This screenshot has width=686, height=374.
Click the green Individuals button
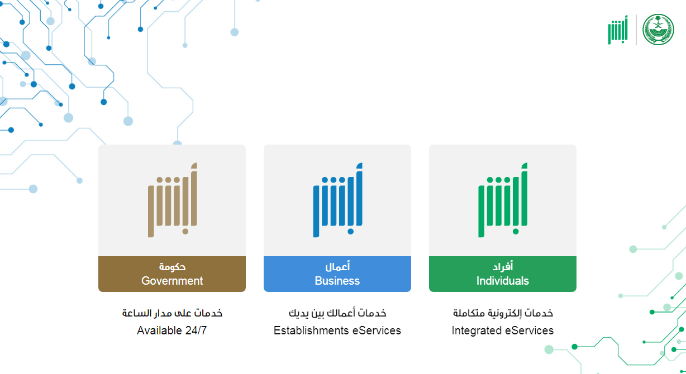[x=503, y=274]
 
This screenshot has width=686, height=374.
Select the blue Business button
[x=337, y=274]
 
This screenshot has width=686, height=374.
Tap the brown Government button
[x=172, y=274]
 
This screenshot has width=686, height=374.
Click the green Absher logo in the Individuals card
[x=503, y=200]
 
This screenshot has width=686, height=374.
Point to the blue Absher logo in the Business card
[x=337, y=200]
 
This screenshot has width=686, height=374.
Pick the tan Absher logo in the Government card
[x=173, y=200]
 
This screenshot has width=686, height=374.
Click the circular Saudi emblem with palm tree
[x=658, y=30]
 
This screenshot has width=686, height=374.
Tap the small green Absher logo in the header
[x=618, y=30]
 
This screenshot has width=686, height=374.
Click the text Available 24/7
[x=172, y=330]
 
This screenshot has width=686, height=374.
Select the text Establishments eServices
[x=337, y=330]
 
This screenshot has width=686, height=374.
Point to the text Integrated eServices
[x=503, y=330]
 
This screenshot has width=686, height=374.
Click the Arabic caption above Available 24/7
[x=172, y=313]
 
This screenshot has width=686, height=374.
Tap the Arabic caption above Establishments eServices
[x=337, y=313]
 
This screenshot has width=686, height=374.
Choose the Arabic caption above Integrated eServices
[x=503, y=313]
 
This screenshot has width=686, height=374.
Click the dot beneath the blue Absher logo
[x=351, y=232]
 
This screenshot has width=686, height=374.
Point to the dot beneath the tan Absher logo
[x=185, y=232]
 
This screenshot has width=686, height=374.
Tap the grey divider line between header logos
[x=636, y=30]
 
